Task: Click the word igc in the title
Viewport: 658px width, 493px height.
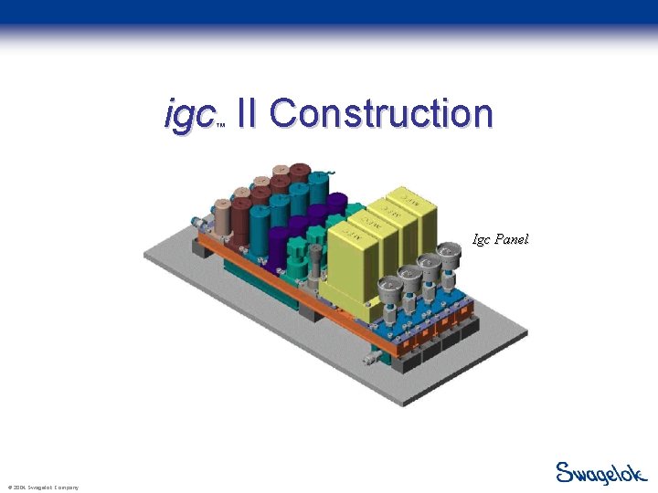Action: (x=188, y=115)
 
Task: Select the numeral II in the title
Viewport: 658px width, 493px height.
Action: (x=246, y=113)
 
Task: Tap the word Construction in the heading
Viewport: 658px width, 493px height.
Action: (x=381, y=113)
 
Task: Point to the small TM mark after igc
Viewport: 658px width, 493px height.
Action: (x=220, y=126)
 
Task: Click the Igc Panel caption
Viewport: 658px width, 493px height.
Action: (x=500, y=240)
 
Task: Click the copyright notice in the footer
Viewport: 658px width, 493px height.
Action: (x=42, y=488)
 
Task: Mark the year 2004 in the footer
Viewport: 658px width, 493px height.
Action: (x=17, y=488)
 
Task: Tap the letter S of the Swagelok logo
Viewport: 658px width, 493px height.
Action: (x=566, y=472)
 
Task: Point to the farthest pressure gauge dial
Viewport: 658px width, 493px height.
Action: (x=450, y=252)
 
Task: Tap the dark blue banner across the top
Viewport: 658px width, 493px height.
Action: (x=329, y=12)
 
